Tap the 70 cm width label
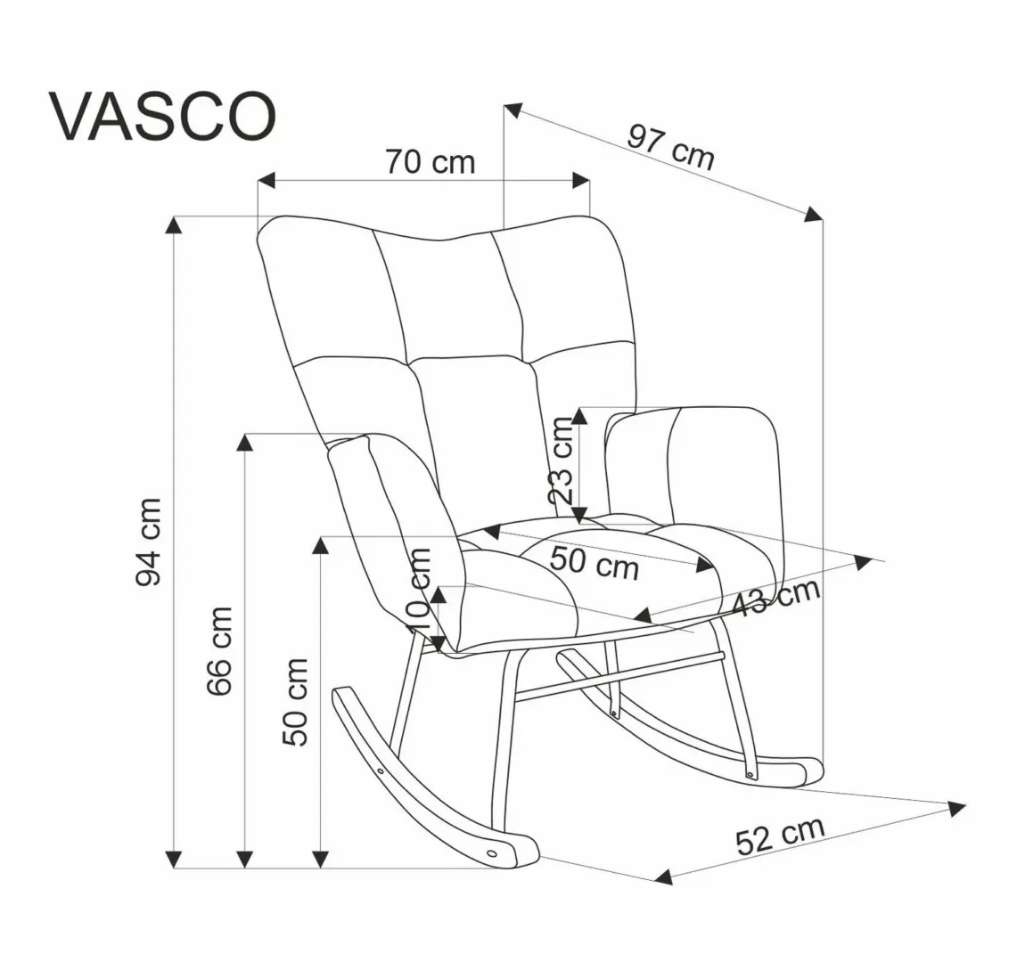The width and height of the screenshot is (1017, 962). point(430,162)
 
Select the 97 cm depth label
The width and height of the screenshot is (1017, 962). point(671,147)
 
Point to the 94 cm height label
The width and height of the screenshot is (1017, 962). point(149,542)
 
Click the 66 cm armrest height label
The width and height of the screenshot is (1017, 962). point(218,651)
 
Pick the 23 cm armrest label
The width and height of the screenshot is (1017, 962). point(562,461)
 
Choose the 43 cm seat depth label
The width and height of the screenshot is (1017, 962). point(775,599)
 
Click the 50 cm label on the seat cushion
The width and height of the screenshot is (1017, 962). point(594,562)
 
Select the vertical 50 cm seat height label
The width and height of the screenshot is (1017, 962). point(293,702)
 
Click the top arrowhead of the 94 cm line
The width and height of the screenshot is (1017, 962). point(175,224)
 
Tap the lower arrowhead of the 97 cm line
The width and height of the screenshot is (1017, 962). point(813,213)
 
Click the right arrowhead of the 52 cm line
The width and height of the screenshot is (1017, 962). point(957,809)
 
